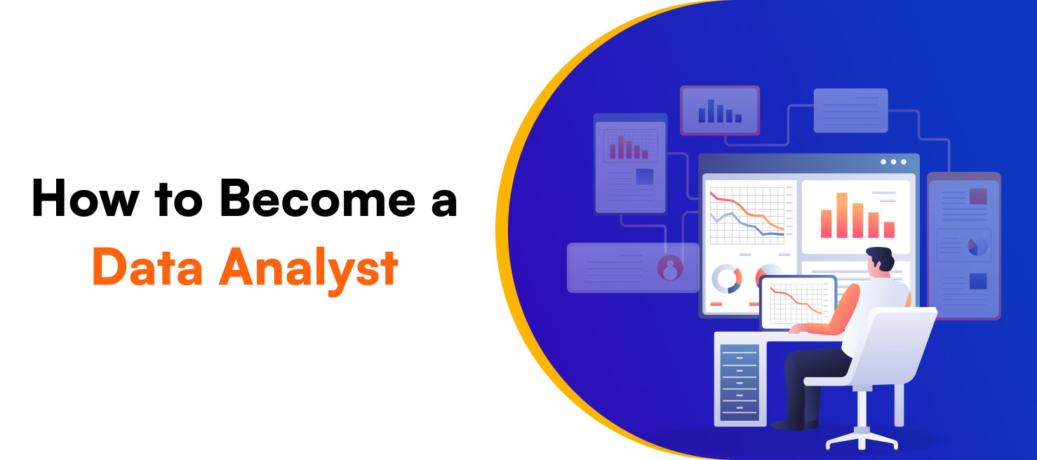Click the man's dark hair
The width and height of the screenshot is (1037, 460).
pyautogui.click(x=881, y=257)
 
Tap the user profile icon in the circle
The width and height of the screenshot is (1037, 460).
pyautogui.click(x=670, y=268)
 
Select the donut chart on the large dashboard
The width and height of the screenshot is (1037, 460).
pyautogui.click(x=727, y=278)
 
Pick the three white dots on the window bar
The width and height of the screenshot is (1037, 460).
pyautogui.click(x=893, y=162)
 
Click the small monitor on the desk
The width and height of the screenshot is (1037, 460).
pyautogui.click(x=798, y=302)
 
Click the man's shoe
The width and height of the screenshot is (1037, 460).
pyautogui.click(x=793, y=424)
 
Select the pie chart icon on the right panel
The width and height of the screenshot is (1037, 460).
pyautogui.click(x=977, y=245)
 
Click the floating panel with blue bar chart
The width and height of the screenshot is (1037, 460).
pyautogui.click(x=719, y=111)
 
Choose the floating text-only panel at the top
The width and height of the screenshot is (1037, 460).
pyautogui.click(x=850, y=110)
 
